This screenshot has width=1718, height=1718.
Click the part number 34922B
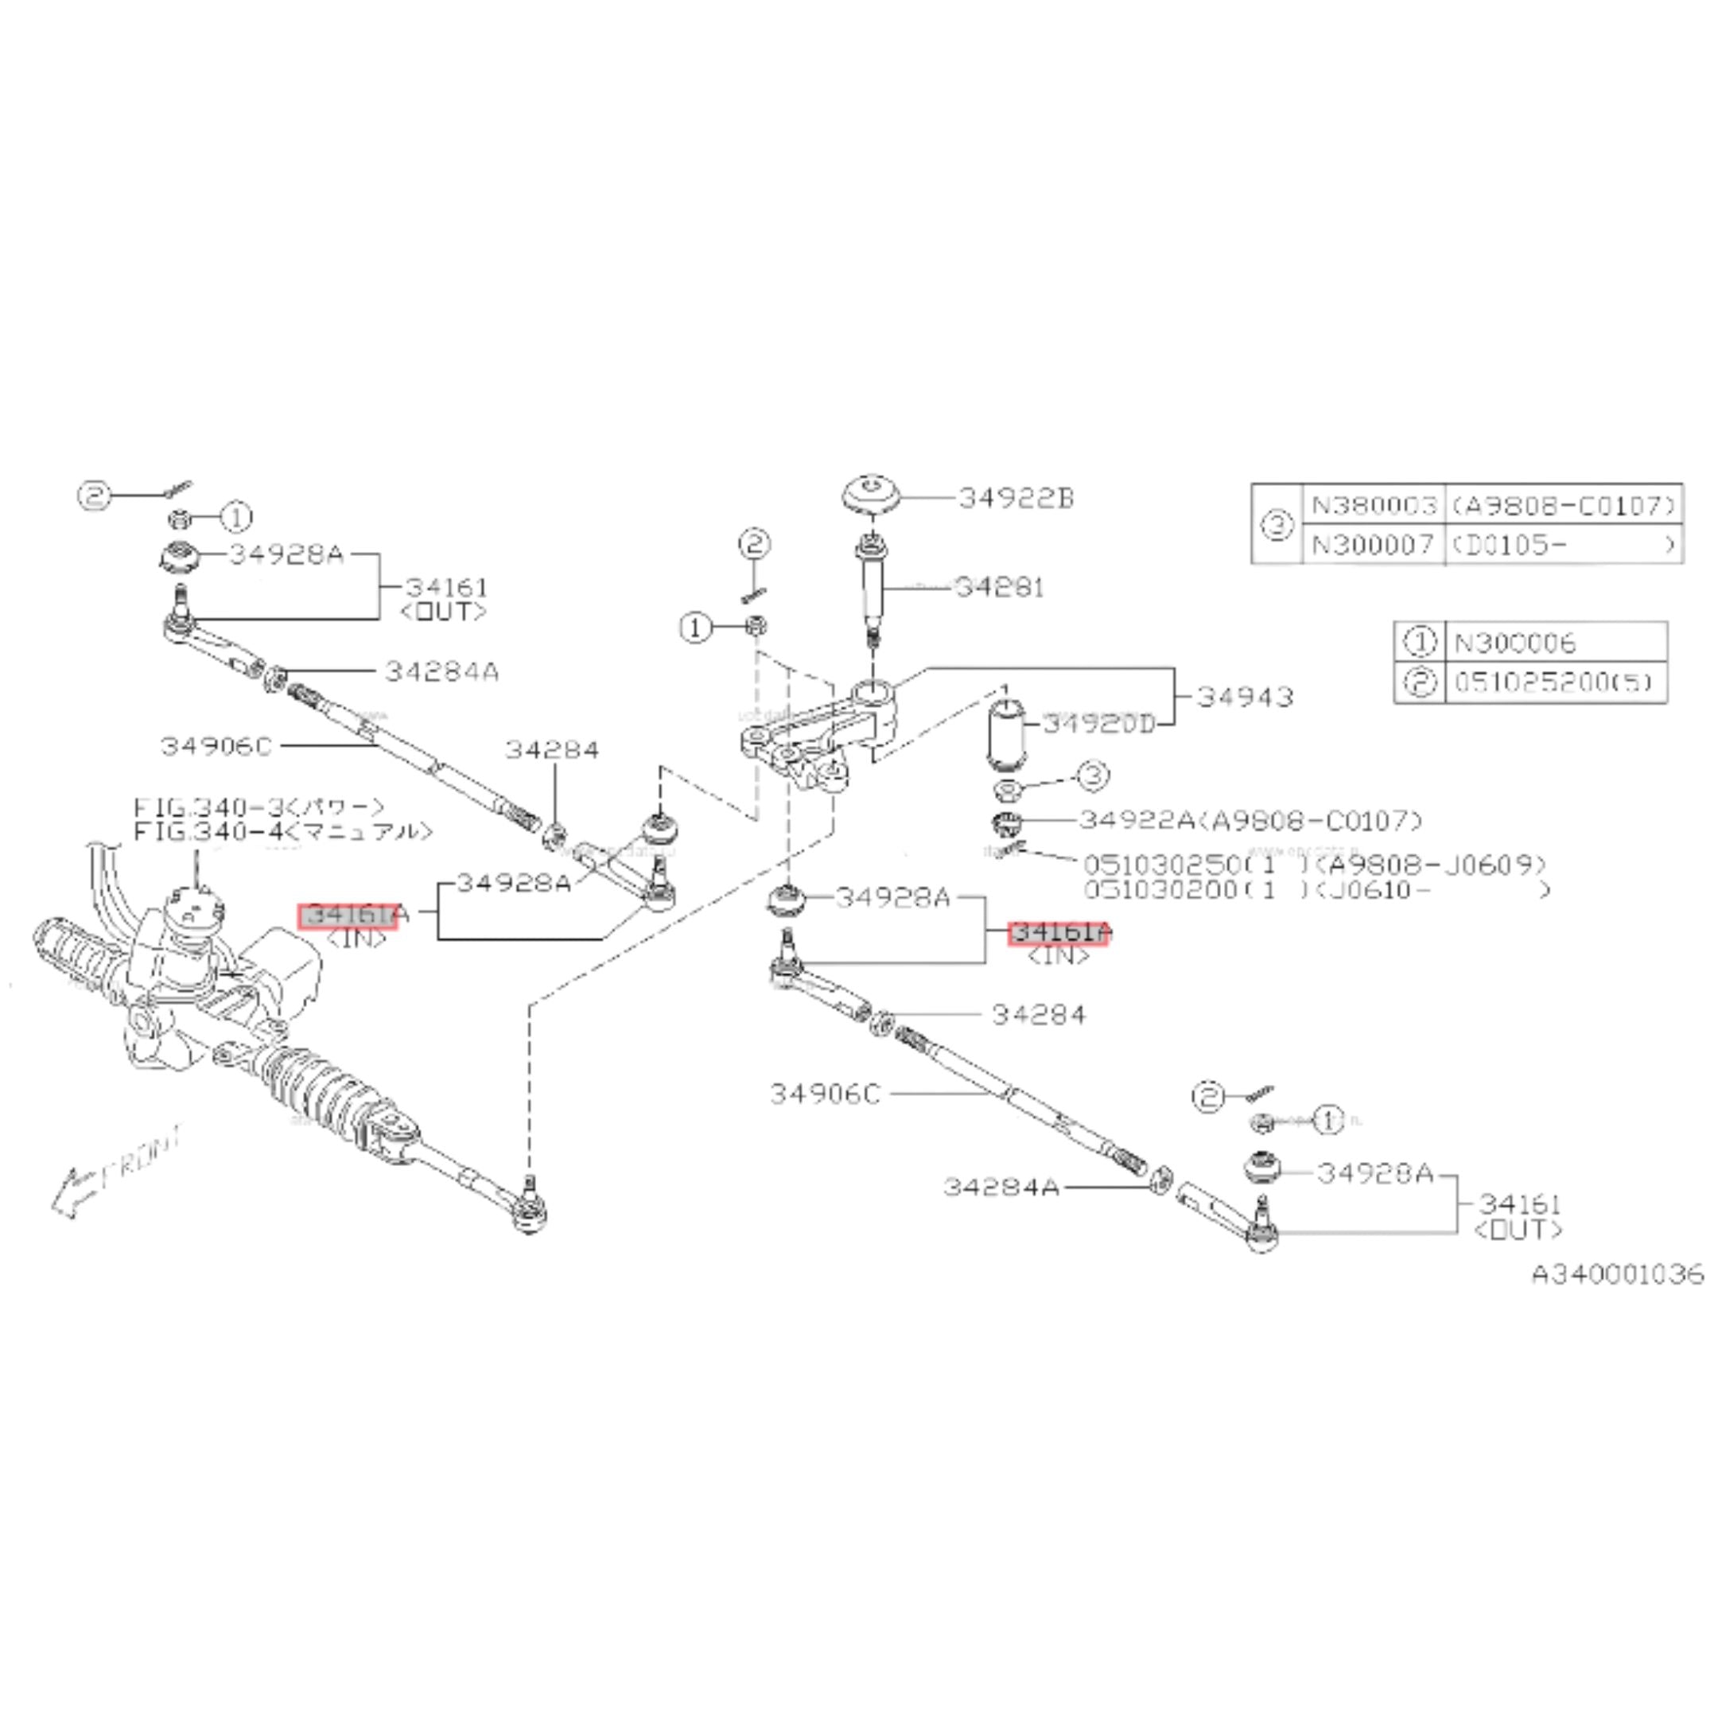click(1016, 498)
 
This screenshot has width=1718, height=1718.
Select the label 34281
click(1000, 587)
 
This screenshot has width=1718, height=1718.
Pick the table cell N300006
click(1515, 642)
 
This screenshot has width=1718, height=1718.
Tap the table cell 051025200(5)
click(1553, 682)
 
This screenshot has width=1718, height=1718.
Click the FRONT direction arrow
click(71, 1190)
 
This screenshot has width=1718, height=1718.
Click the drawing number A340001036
click(1618, 1274)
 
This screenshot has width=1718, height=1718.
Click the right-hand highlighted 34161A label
click(1058, 933)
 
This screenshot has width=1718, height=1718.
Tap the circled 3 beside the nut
click(1093, 775)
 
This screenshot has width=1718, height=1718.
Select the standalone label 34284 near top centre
click(552, 749)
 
